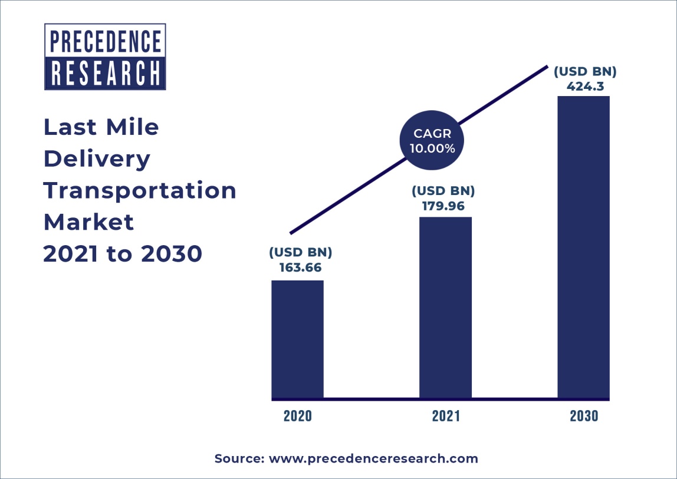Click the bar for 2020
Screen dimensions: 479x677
pos(297,339)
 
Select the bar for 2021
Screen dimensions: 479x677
pos(445,308)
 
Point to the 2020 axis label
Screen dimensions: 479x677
pos(297,416)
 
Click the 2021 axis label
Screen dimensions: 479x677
pos(445,416)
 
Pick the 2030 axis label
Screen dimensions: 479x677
pos(584,416)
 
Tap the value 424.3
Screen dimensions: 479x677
pos(584,87)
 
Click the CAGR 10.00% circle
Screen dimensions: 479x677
pos(432,141)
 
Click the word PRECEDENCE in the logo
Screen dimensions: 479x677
pos(106,42)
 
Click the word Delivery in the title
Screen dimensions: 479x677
pos(97,158)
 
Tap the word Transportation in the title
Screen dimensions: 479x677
pos(140,190)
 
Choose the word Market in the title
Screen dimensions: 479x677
pos(88,222)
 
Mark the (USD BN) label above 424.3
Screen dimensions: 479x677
pos(584,72)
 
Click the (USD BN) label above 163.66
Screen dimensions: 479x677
pos(301,253)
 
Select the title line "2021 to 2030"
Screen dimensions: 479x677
pos(123,254)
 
